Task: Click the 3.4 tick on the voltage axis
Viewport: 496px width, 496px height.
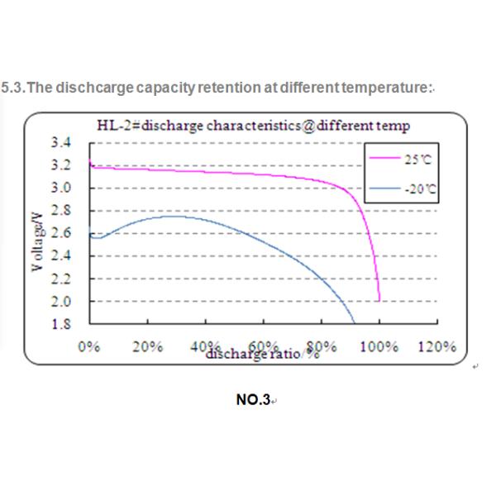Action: coord(63,143)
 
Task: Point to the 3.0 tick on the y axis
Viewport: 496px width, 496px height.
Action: coord(63,188)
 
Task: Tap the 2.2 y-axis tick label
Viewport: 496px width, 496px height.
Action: coord(63,279)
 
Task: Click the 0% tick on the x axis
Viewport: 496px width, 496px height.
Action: coord(89,346)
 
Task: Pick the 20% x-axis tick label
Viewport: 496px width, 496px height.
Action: coord(146,346)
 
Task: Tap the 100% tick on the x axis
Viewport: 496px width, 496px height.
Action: coord(379,346)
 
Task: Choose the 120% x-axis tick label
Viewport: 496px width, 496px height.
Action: coord(436,346)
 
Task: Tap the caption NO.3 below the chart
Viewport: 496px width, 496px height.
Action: coord(253,400)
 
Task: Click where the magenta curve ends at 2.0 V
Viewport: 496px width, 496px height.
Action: coord(379,302)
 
